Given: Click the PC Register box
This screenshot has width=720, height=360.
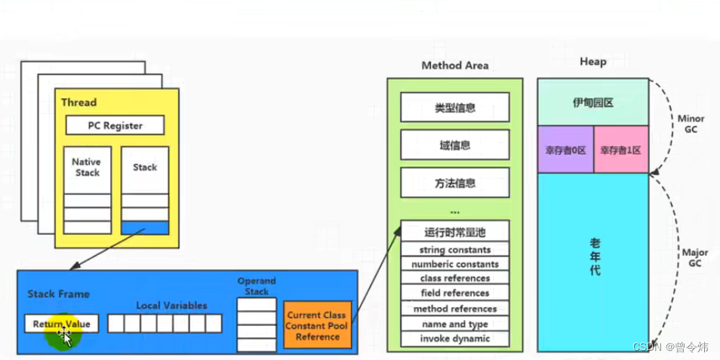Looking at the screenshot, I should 115,125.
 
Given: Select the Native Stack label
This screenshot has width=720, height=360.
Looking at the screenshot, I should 86,167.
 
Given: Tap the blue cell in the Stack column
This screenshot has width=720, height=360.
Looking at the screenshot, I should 145,227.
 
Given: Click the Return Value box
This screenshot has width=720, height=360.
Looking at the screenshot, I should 61,325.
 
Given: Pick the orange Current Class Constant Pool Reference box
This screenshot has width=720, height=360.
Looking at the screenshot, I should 318,326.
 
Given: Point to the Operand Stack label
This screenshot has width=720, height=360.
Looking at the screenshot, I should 256,286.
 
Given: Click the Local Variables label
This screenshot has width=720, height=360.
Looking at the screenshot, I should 171,306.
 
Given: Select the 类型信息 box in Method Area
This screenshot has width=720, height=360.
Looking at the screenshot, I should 454,108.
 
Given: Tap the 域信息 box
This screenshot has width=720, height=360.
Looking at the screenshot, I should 454,145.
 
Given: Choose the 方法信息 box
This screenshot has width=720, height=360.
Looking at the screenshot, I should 454,183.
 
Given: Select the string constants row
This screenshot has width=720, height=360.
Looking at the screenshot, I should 454,250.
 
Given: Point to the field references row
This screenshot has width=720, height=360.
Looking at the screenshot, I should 454,294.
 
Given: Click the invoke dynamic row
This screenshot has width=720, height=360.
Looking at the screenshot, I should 454,339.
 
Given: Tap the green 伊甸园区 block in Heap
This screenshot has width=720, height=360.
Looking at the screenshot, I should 592,101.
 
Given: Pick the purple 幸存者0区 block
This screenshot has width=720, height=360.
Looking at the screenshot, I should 565,149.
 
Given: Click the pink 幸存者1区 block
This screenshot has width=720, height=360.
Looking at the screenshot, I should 621,149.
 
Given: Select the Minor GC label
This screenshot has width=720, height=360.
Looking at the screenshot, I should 691,124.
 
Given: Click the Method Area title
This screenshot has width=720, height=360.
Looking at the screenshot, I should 454,66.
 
